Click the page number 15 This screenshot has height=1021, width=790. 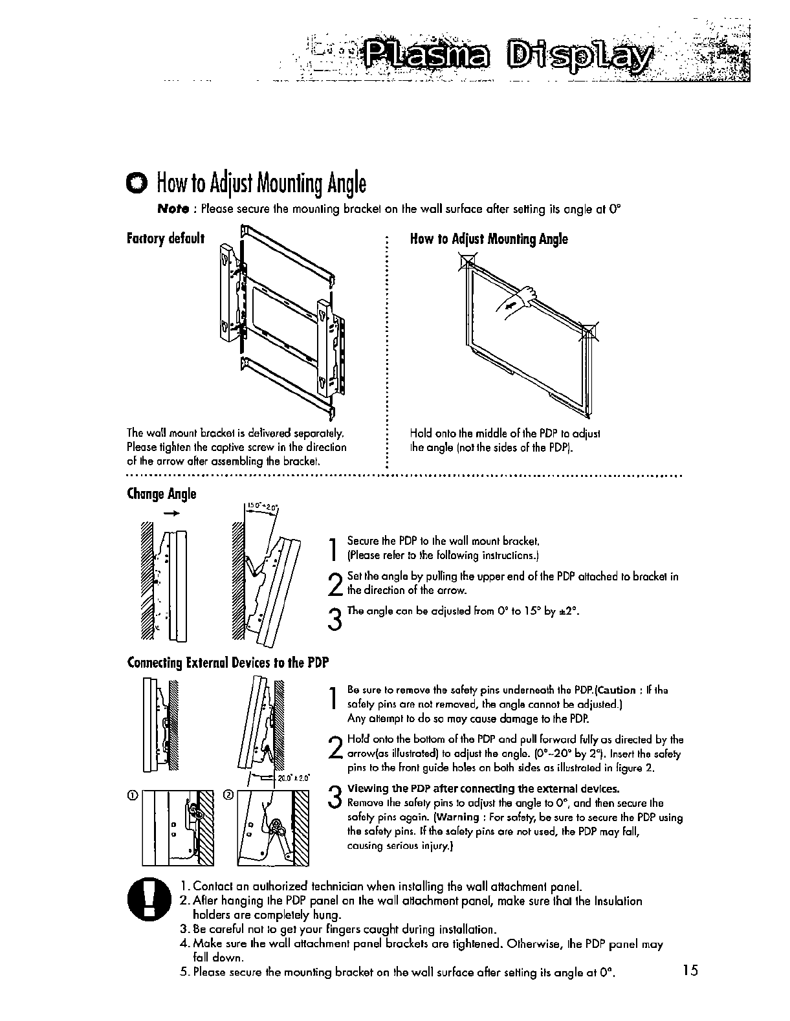690,971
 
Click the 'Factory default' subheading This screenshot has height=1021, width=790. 166,238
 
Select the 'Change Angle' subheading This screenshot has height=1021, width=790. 161,494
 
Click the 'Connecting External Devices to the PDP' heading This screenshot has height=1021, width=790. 228,663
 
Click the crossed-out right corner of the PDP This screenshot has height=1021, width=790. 591,332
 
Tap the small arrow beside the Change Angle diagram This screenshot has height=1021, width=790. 171,512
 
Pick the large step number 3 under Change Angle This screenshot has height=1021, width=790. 335,619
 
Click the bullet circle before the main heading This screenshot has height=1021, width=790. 138,184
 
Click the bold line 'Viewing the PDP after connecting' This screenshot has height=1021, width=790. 483,789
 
